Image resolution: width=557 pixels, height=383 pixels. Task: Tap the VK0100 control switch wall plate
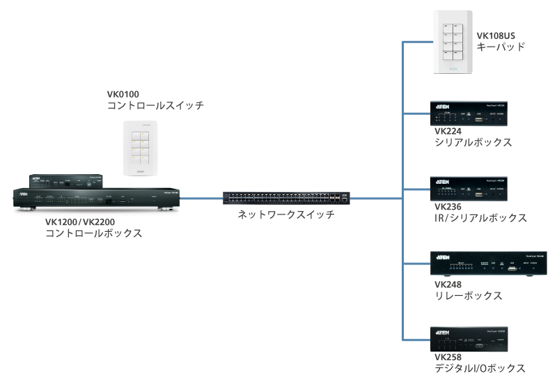pyautogui.click(x=141, y=148)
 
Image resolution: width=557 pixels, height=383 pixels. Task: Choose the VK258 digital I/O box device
pyautogui.click(x=470, y=339)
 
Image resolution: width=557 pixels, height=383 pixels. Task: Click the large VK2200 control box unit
pyautogui.click(x=97, y=199)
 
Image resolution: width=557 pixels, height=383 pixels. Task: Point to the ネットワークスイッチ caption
pyautogui.click(x=286, y=214)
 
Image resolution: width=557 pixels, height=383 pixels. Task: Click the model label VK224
pyautogui.click(x=448, y=130)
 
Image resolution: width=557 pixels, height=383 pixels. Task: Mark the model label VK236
pyautogui.click(x=448, y=206)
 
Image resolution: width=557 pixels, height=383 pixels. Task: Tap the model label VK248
pyautogui.click(x=448, y=283)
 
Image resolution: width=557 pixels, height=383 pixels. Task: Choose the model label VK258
pyautogui.click(x=448, y=357)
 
